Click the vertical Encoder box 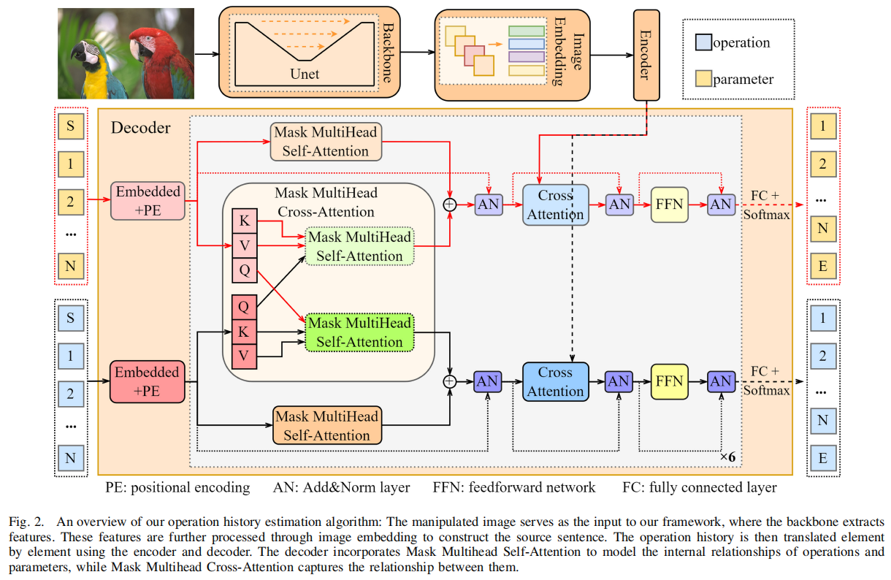[x=646, y=54]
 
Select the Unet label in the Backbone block [x=305, y=74]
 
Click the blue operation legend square [x=703, y=42]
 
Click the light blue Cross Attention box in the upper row [x=555, y=205]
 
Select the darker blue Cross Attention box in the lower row [x=555, y=381]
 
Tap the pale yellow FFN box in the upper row [x=669, y=205]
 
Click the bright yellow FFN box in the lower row [x=669, y=381]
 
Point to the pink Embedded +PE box [x=148, y=200]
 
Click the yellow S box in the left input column [x=71, y=126]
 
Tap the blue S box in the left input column [x=71, y=318]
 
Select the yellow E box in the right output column [x=823, y=267]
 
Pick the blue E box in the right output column [x=823, y=459]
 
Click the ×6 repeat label [x=727, y=457]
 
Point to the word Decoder [x=140, y=128]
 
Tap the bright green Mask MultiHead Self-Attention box [x=359, y=332]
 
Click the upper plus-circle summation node [x=451, y=205]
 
